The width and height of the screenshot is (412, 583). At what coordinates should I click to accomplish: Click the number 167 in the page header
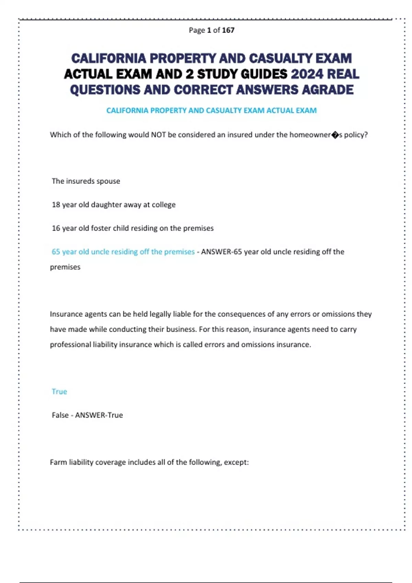228,30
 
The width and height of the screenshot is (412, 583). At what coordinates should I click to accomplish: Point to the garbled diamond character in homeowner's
335,135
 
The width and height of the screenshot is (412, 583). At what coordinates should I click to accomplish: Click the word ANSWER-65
221,252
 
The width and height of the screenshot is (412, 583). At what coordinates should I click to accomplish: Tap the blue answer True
59,392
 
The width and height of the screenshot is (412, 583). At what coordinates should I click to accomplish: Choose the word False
60,415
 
